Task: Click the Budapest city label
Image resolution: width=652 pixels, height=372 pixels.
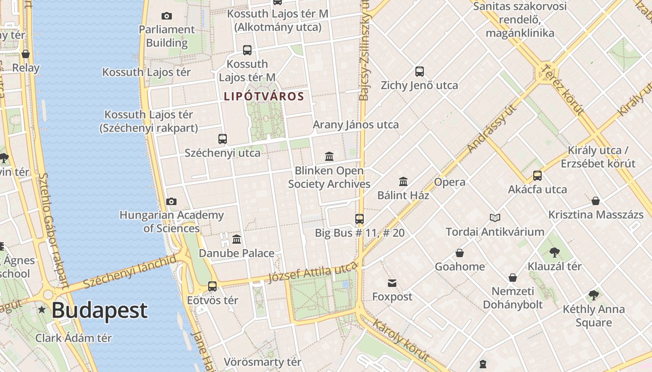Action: (x=100, y=311)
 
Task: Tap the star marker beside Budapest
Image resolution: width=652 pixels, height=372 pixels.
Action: (x=42, y=309)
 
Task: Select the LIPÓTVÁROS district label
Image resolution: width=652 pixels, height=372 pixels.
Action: (x=264, y=97)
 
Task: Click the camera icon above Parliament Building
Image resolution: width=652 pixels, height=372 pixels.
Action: (x=166, y=16)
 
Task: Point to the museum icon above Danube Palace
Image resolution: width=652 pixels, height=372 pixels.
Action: (x=237, y=239)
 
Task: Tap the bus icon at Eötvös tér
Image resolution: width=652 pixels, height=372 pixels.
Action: (x=212, y=286)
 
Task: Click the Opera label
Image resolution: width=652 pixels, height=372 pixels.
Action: (x=449, y=182)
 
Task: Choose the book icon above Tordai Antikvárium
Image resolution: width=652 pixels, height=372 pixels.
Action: (x=495, y=218)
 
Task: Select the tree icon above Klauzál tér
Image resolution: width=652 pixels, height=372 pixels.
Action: (x=554, y=252)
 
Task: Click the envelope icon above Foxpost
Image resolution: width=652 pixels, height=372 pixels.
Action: (x=392, y=283)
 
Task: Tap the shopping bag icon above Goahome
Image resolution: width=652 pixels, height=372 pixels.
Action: (x=460, y=253)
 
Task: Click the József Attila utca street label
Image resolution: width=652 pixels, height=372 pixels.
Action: (x=312, y=272)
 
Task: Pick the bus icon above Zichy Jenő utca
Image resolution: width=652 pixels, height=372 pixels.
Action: (x=419, y=72)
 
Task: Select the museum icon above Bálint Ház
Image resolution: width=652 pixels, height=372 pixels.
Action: (x=403, y=181)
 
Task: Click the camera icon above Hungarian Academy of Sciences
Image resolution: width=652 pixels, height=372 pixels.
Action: (x=171, y=201)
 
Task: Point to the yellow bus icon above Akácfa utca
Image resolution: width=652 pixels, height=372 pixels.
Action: (x=537, y=175)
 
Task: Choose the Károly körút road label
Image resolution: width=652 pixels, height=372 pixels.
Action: (x=401, y=340)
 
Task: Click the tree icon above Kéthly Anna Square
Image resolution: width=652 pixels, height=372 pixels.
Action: (x=593, y=295)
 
